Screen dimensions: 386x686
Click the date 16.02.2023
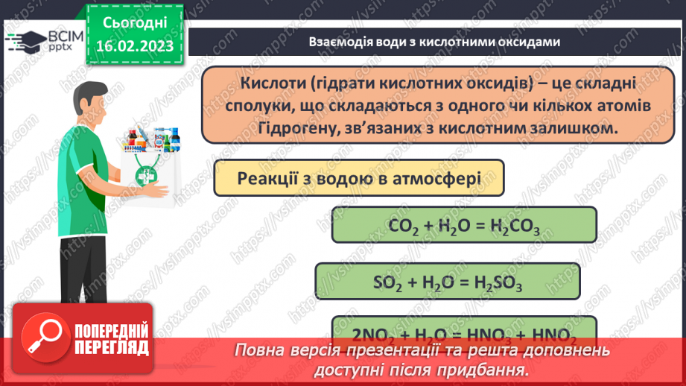tap(134, 46)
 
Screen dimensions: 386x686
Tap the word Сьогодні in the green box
tap(134, 24)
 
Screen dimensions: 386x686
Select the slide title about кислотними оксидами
tap(433, 42)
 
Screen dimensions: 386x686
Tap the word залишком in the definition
tap(579, 127)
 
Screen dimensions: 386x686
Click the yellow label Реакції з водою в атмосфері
tap(358, 179)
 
